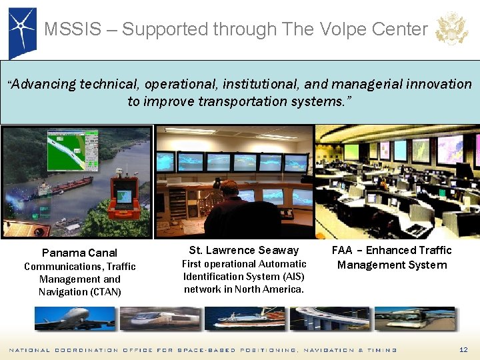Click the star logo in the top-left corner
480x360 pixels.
[x=21, y=30]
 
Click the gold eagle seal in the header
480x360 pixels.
[x=451, y=29]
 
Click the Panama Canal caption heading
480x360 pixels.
[x=79, y=253]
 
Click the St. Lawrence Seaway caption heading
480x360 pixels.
[x=244, y=250]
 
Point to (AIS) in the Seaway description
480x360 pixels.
[x=292, y=276]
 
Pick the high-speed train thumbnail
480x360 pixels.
[x=165, y=318]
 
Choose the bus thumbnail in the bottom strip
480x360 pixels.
[x=415, y=318]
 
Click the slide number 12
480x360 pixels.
[x=463, y=350]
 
